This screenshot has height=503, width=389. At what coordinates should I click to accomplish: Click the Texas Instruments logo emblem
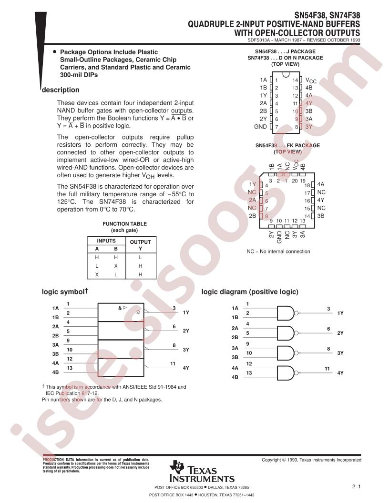pos(176,467)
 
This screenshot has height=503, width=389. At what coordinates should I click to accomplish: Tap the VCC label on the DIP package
pos(311,80)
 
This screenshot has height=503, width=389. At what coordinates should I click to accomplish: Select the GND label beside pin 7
pos(260,127)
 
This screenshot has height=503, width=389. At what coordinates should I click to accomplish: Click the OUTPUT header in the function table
pos(140,242)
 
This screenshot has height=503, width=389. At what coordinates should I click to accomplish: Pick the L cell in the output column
pos(140,257)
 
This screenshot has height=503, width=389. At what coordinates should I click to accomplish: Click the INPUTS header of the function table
pos(106,241)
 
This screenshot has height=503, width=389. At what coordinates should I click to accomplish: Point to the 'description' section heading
pos(61,90)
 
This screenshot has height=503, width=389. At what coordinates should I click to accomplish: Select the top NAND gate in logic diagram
pos(286,313)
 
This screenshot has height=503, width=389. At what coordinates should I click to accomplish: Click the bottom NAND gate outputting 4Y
pos(286,373)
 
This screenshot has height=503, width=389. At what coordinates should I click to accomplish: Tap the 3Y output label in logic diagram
pos(340,353)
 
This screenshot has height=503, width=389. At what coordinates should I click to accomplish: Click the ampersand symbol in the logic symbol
pos(120,308)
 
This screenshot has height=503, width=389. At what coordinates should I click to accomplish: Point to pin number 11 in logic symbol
pos(173,363)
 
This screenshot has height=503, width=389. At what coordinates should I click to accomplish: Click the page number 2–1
pos(356,487)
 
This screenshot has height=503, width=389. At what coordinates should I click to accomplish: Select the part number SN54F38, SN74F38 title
pos(328,15)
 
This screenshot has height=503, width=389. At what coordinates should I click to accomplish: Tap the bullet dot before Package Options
pos(54,51)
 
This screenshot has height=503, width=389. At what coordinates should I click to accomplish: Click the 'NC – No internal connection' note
pos(278,251)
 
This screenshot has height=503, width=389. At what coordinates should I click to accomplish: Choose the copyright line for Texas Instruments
pos(311,460)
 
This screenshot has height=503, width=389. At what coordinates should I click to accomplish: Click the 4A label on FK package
pos(321,184)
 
